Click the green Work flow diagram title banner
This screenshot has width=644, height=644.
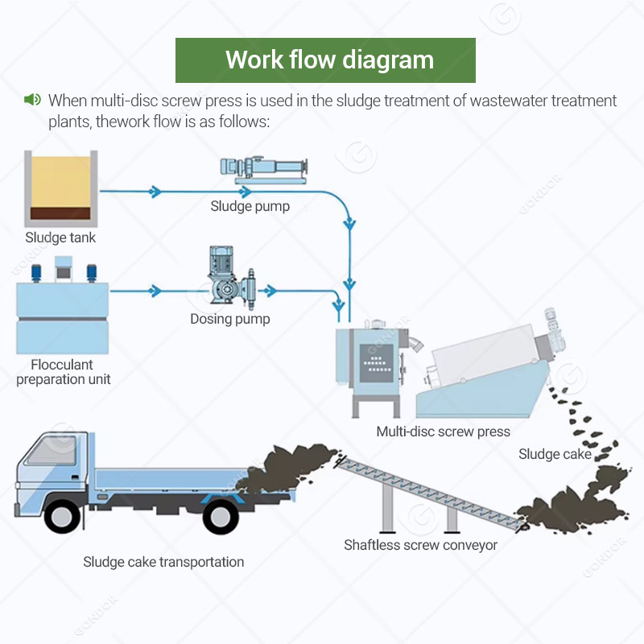pos(325,60)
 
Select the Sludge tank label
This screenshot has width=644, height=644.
pos(60,237)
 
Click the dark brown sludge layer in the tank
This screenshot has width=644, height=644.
pos(60,216)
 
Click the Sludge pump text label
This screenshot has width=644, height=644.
pos(250,206)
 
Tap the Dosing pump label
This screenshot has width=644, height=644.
pos(230,320)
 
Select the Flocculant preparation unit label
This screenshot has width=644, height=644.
pos(63,372)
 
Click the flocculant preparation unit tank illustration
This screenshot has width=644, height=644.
pos(63,310)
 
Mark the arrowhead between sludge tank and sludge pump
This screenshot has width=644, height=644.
pos(156,192)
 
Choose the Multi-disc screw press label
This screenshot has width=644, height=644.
pos(443,431)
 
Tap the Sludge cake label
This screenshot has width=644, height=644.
pos(555,455)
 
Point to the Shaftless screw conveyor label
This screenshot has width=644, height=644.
pos(420,545)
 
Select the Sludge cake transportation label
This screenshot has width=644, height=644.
pos(163,562)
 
